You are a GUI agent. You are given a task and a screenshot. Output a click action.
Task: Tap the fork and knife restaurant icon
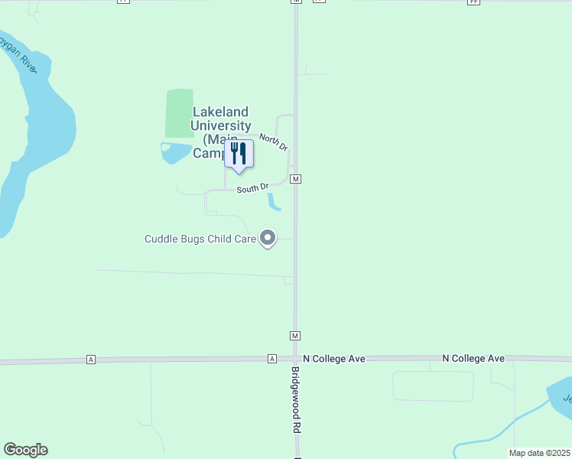coord(239,154)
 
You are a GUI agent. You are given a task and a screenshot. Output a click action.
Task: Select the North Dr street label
coord(273,142)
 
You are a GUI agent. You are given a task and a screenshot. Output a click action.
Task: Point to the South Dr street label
coord(252,187)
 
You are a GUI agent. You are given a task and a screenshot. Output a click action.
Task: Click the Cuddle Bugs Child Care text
coord(200,239)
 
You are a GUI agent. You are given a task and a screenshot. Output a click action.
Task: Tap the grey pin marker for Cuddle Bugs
coord(268,239)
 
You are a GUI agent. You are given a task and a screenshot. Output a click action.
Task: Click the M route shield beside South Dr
coord(295,178)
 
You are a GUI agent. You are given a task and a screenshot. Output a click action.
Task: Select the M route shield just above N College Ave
coord(295,335)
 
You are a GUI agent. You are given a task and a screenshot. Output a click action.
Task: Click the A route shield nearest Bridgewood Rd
coord(271,359)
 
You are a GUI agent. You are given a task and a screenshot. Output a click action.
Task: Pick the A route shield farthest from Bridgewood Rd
coord(91,359)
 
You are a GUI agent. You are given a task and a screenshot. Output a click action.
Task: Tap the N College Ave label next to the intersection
coord(335,358)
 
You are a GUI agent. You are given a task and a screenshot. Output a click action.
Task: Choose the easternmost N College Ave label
coord(474,358)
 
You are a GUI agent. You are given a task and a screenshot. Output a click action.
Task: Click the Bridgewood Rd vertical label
coord(295,400)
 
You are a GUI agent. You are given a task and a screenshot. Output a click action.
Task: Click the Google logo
coord(25,450)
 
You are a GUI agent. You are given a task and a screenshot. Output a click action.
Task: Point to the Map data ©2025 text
coord(539,453)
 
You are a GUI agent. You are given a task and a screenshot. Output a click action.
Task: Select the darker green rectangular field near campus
coord(180,113)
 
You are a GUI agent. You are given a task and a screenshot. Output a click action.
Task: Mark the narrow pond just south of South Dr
coord(273,201)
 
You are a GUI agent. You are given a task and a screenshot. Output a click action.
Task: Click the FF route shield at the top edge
coord(474,2)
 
